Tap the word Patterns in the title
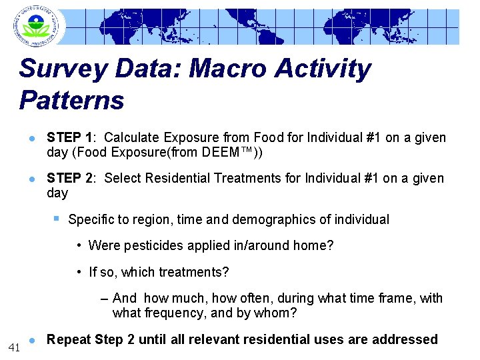(72, 101)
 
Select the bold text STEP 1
(69, 138)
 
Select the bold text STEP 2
(69, 179)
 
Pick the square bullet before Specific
(57, 219)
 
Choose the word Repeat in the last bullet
(69, 340)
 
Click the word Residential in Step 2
(179, 179)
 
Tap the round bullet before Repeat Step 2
(31, 340)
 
